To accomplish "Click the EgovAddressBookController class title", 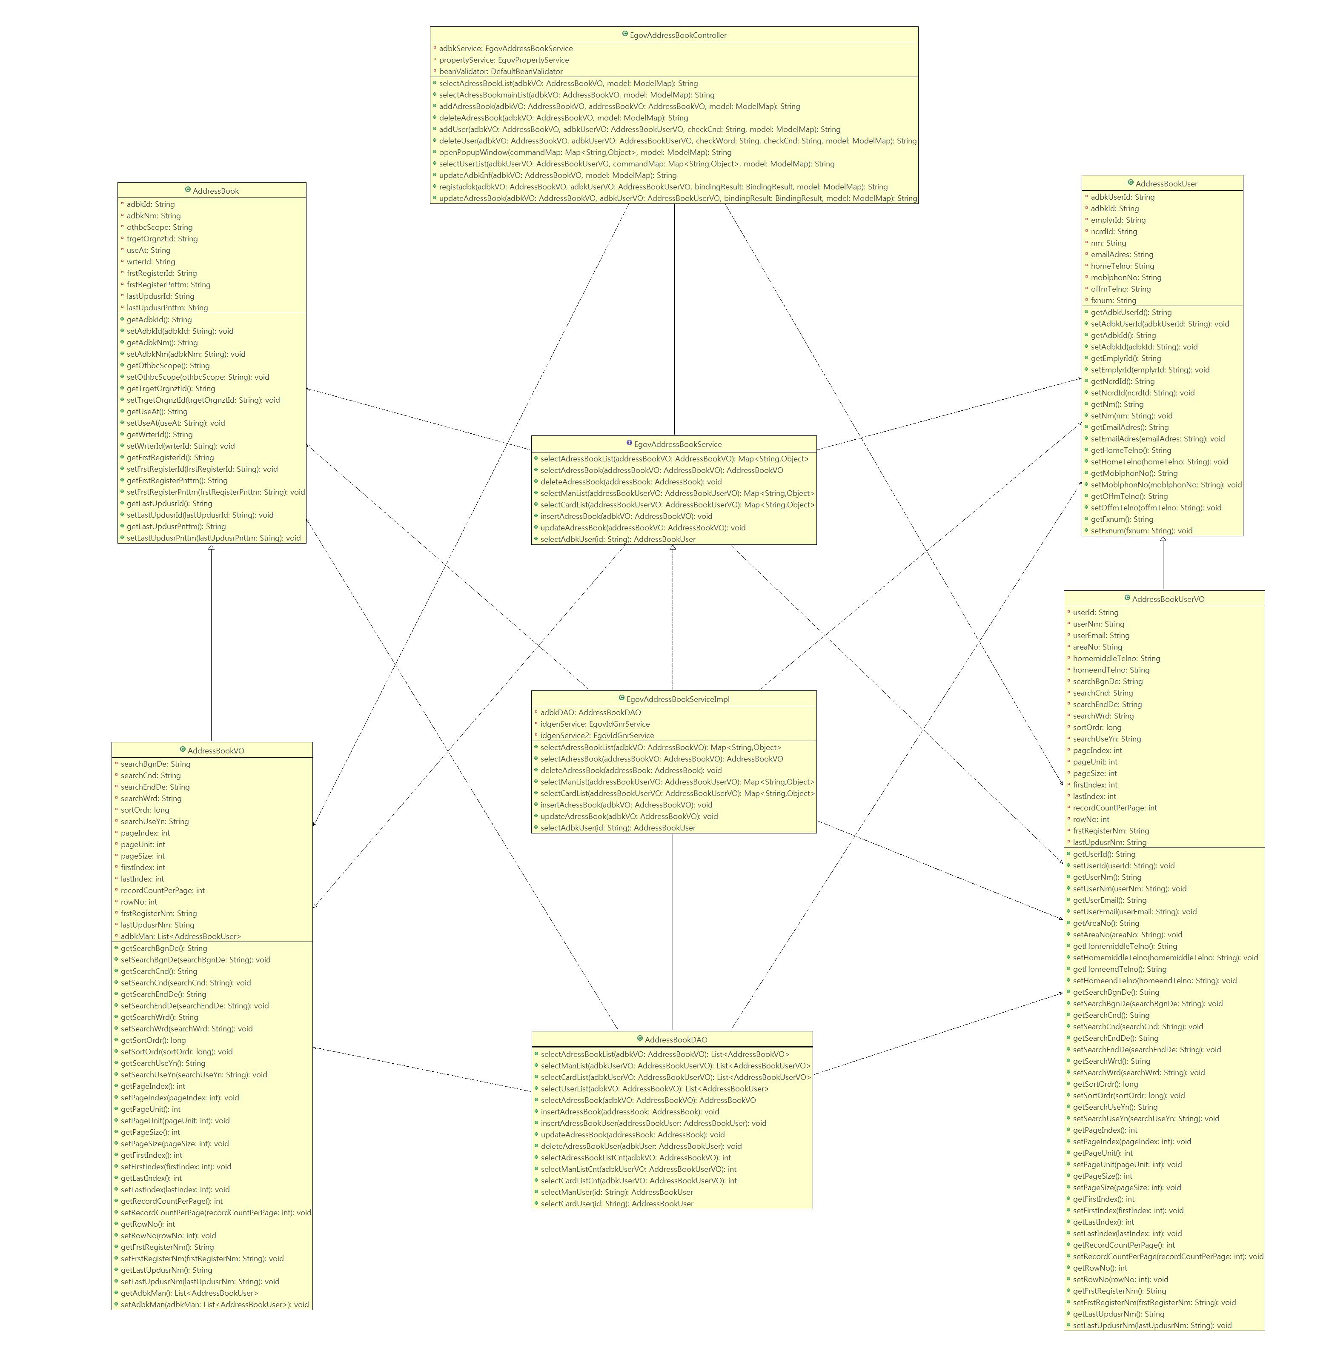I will pos(677,35).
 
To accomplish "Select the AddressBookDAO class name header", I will pos(675,1039).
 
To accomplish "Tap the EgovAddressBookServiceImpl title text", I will pos(677,699).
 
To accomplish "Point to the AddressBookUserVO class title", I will pos(1168,599).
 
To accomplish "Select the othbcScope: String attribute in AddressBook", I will pos(159,227).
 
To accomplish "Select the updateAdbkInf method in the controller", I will pos(557,175).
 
